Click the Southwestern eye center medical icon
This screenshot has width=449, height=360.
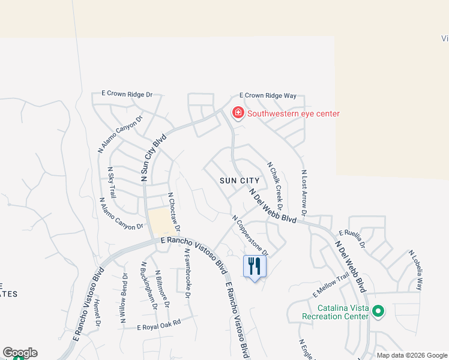[238, 113]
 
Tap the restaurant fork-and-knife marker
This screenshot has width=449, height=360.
[255, 265]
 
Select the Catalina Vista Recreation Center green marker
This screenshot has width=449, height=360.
[378, 311]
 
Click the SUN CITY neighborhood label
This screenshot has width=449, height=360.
[240, 181]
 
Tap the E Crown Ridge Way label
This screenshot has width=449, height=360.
[268, 95]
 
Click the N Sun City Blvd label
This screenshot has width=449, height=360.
[152, 158]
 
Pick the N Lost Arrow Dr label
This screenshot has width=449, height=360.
[304, 193]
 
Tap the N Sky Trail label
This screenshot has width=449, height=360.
[111, 182]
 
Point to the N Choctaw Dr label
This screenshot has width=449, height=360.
[174, 212]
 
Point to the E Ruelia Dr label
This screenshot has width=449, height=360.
[352, 238]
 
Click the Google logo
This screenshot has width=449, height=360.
[20, 353]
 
